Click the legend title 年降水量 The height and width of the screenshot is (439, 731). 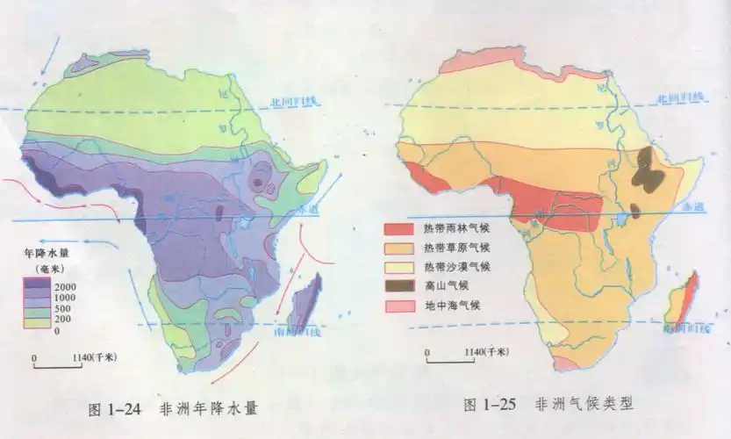pyautogui.click(x=47, y=254)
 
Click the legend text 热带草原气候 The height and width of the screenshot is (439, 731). pyautogui.click(x=455, y=248)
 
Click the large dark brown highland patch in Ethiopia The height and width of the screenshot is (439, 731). pyautogui.click(x=650, y=171)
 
